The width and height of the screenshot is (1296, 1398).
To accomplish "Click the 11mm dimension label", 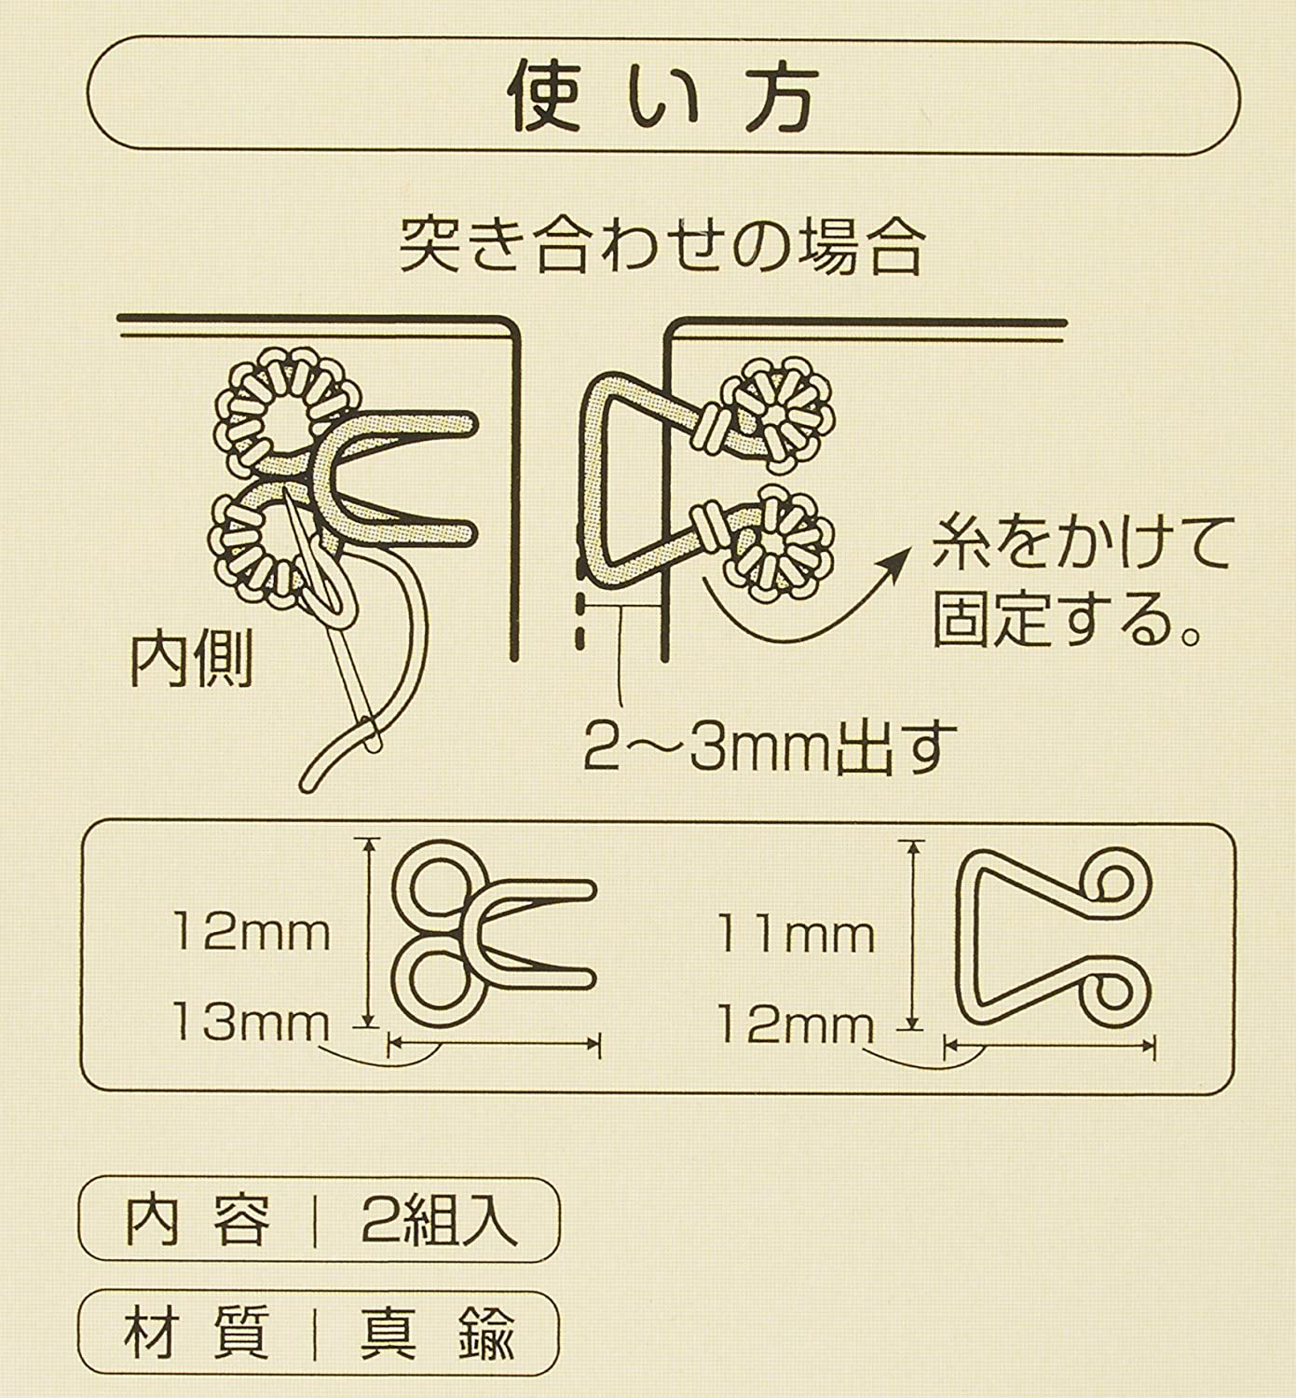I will click(796, 934).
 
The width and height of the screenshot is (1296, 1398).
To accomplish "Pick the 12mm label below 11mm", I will click(796, 1025).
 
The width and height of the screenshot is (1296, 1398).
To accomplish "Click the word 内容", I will click(198, 1220).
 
